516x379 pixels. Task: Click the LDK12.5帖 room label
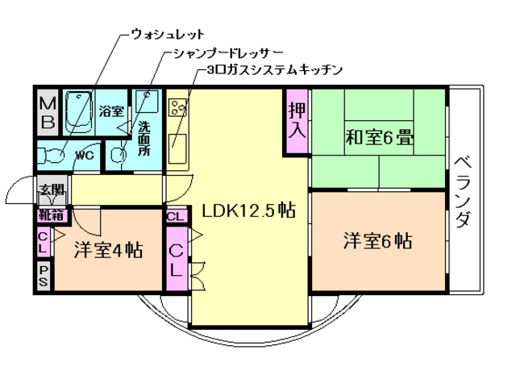pyautogui.click(x=248, y=211)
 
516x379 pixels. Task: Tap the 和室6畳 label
pyautogui.click(x=380, y=137)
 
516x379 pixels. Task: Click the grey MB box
pyautogui.click(x=48, y=113)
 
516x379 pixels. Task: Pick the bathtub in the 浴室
pyautogui.click(x=78, y=114)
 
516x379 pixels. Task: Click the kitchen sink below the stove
pyautogui.click(x=177, y=145)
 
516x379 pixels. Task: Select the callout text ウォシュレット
pyautogui.click(x=167, y=35)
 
